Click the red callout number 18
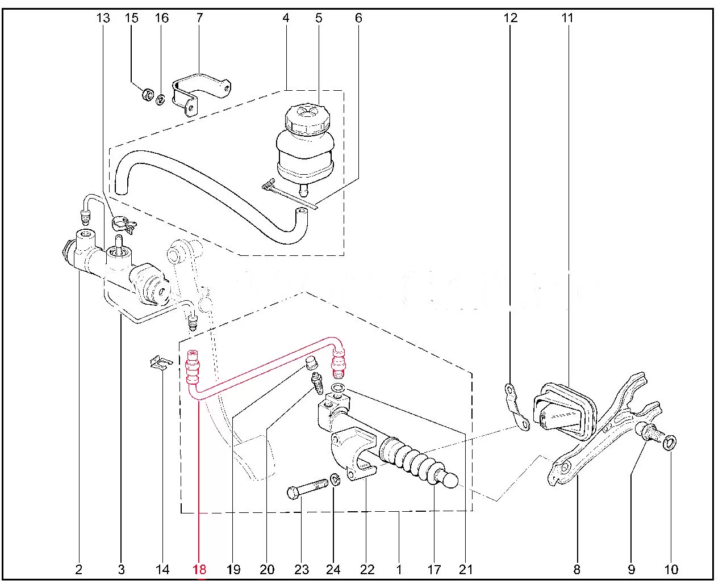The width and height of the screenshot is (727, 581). point(199,569)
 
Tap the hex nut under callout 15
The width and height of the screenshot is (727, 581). point(147,94)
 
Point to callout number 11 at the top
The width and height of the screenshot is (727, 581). point(567,18)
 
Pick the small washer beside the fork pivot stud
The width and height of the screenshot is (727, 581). point(669,442)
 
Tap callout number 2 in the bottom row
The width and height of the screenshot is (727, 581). point(79,569)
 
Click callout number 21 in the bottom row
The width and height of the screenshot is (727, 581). point(465,569)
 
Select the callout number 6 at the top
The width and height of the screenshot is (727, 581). point(358,18)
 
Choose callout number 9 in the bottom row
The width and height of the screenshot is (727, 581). point(631,569)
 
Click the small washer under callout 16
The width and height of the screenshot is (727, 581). point(161,100)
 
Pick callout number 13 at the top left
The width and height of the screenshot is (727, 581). point(103,18)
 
